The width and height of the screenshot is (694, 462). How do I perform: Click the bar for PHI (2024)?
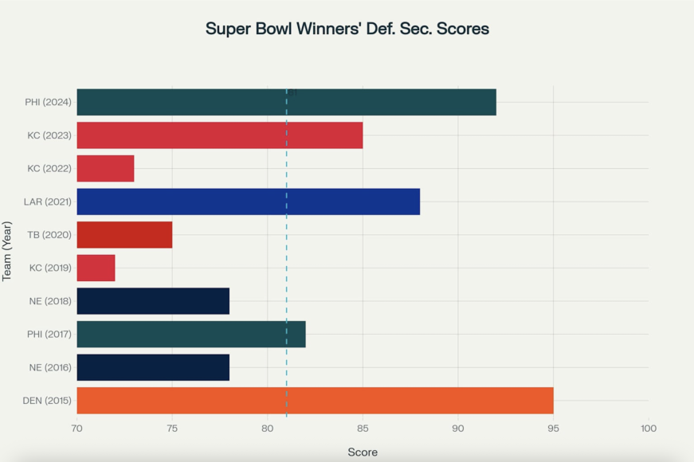click(x=286, y=102)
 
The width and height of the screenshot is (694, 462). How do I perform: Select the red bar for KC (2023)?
click(x=219, y=135)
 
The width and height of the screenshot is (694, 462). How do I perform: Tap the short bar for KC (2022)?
click(x=105, y=169)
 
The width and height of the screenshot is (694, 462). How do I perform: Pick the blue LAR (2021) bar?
click(x=248, y=202)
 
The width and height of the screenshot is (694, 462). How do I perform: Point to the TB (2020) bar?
click(x=124, y=235)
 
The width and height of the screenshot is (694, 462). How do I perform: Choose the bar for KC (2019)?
click(x=96, y=268)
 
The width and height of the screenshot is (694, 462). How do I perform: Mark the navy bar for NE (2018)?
click(x=153, y=301)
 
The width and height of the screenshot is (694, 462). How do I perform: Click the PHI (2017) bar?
click(x=191, y=335)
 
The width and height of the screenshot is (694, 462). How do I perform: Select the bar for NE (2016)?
click(x=153, y=367)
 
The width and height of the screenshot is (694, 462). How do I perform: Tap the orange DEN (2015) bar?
click(x=315, y=401)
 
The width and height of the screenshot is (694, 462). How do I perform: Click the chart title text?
click(x=347, y=29)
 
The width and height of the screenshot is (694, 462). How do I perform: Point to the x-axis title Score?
click(x=363, y=452)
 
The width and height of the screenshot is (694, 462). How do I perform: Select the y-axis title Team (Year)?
click(x=8, y=251)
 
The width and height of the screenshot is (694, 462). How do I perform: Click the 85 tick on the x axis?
click(x=363, y=429)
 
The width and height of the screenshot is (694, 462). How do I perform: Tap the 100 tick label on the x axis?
click(x=648, y=429)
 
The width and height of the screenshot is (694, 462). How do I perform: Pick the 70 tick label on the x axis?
click(x=77, y=429)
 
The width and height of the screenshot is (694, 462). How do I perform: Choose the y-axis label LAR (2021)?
click(x=49, y=202)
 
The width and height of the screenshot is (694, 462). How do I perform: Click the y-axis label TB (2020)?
click(x=50, y=235)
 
